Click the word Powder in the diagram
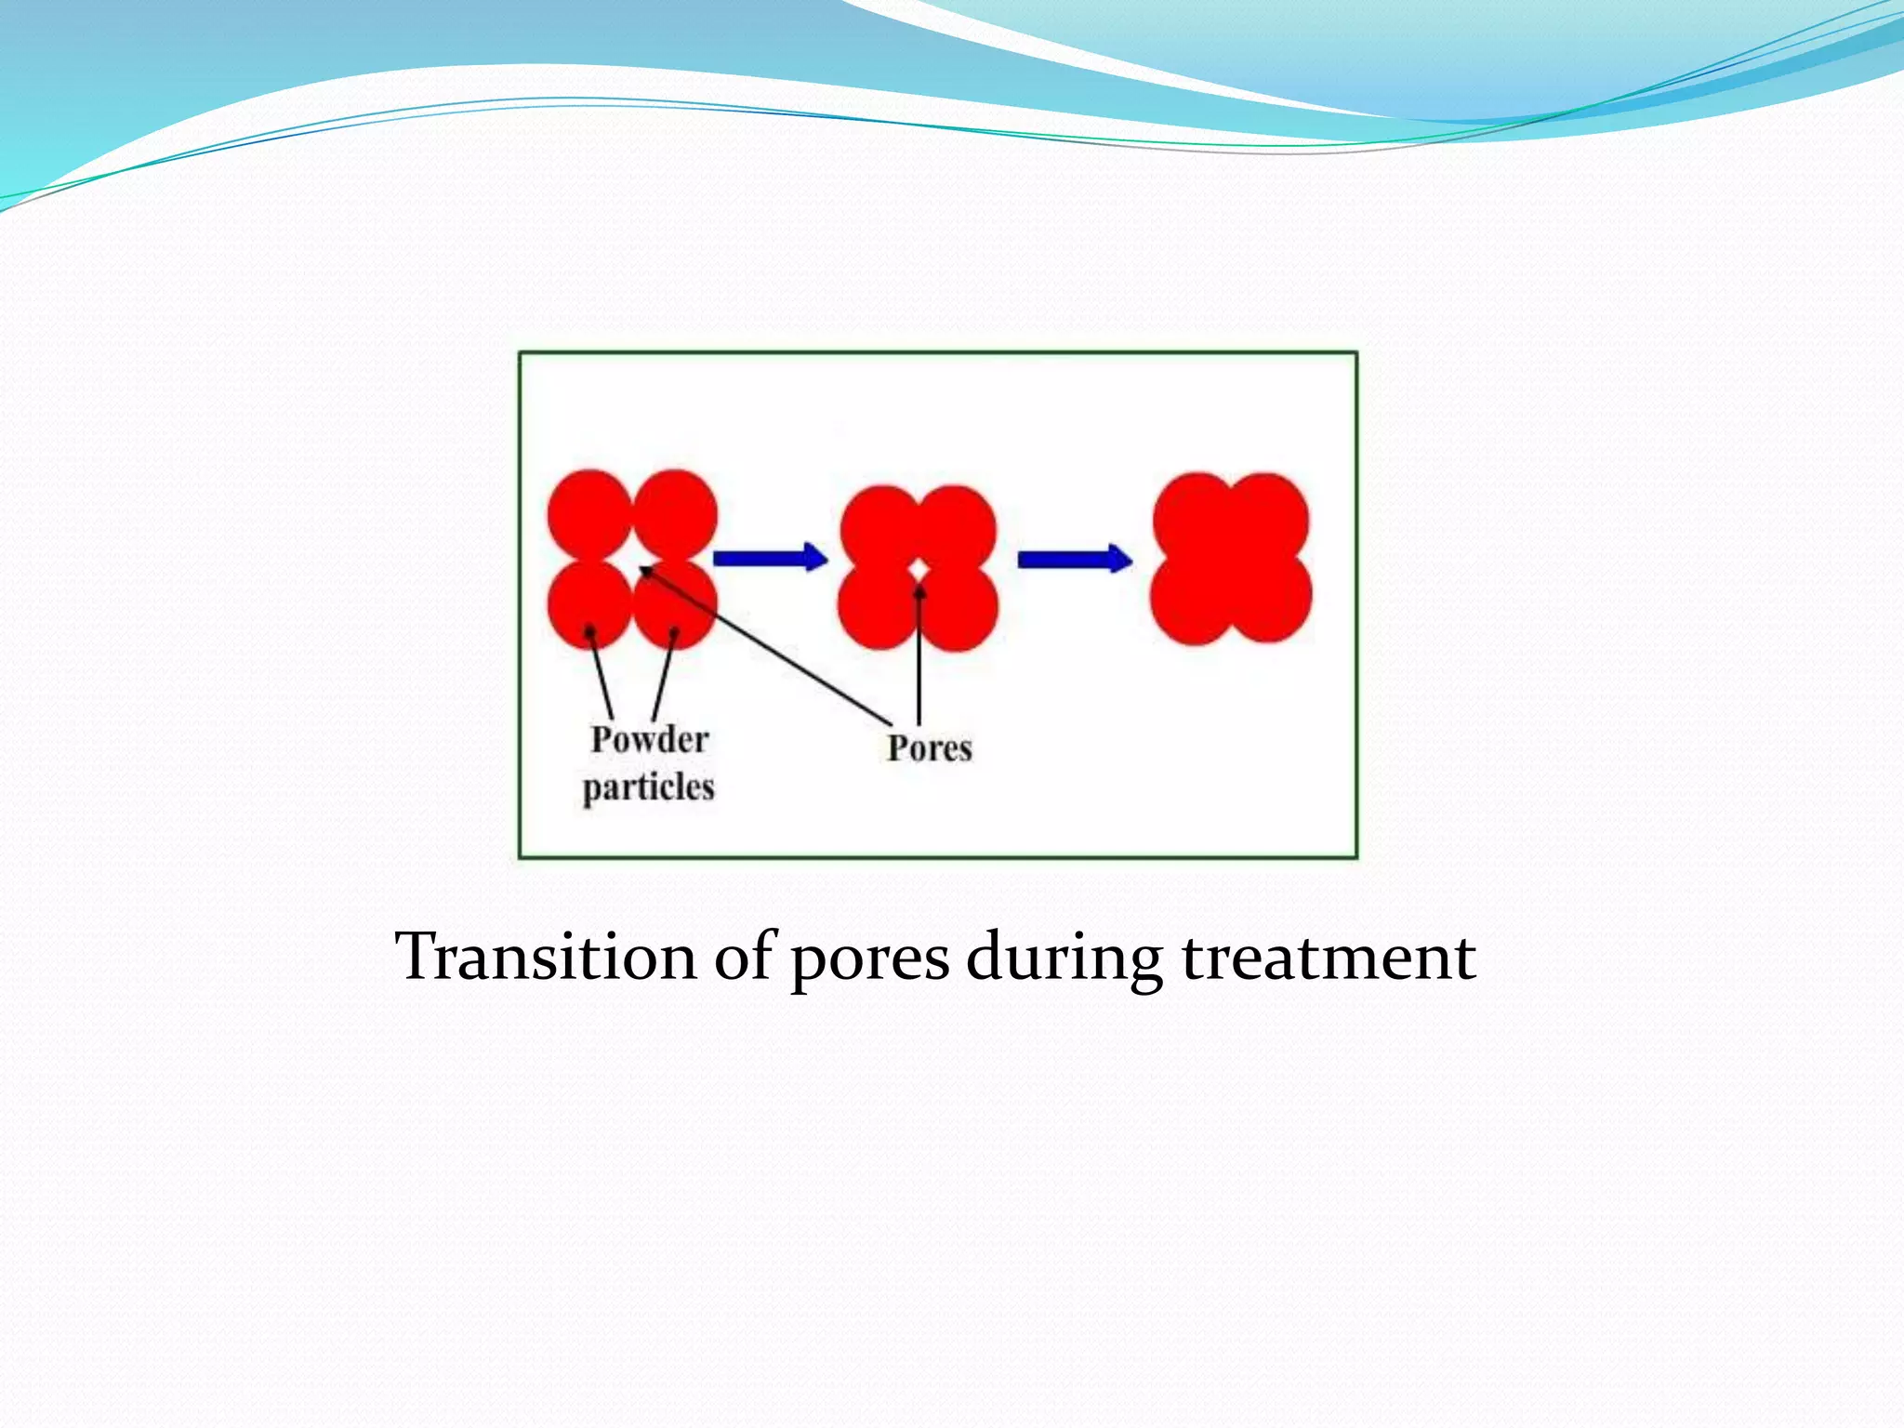[649, 740]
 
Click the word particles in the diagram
[648, 787]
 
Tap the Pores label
[929, 748]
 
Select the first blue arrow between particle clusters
[770, 558]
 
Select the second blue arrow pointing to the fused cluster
[1075, 559]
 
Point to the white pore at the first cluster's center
[633, 561]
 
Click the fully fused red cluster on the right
[1231, 559]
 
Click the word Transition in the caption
[546, 957]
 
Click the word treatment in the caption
[1329, 957]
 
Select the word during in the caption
[1064, 957]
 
